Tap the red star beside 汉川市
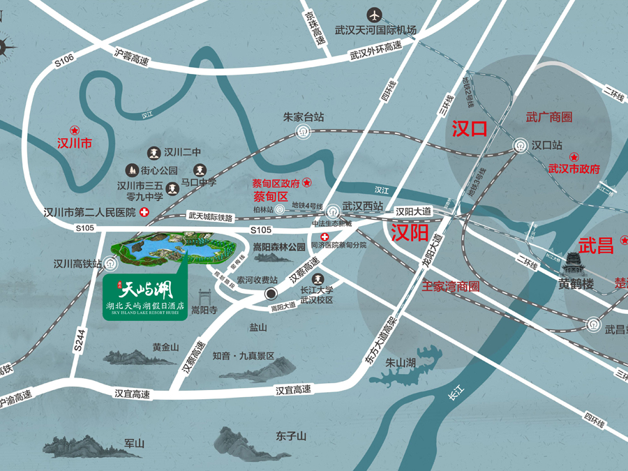tap(75, 130)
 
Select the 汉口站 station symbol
tap(520, 146)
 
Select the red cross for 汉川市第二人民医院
tap(144, 212)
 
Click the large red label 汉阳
tap(409, 233)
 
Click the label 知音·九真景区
tap(244, 355)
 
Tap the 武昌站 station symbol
tap(592, 325)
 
